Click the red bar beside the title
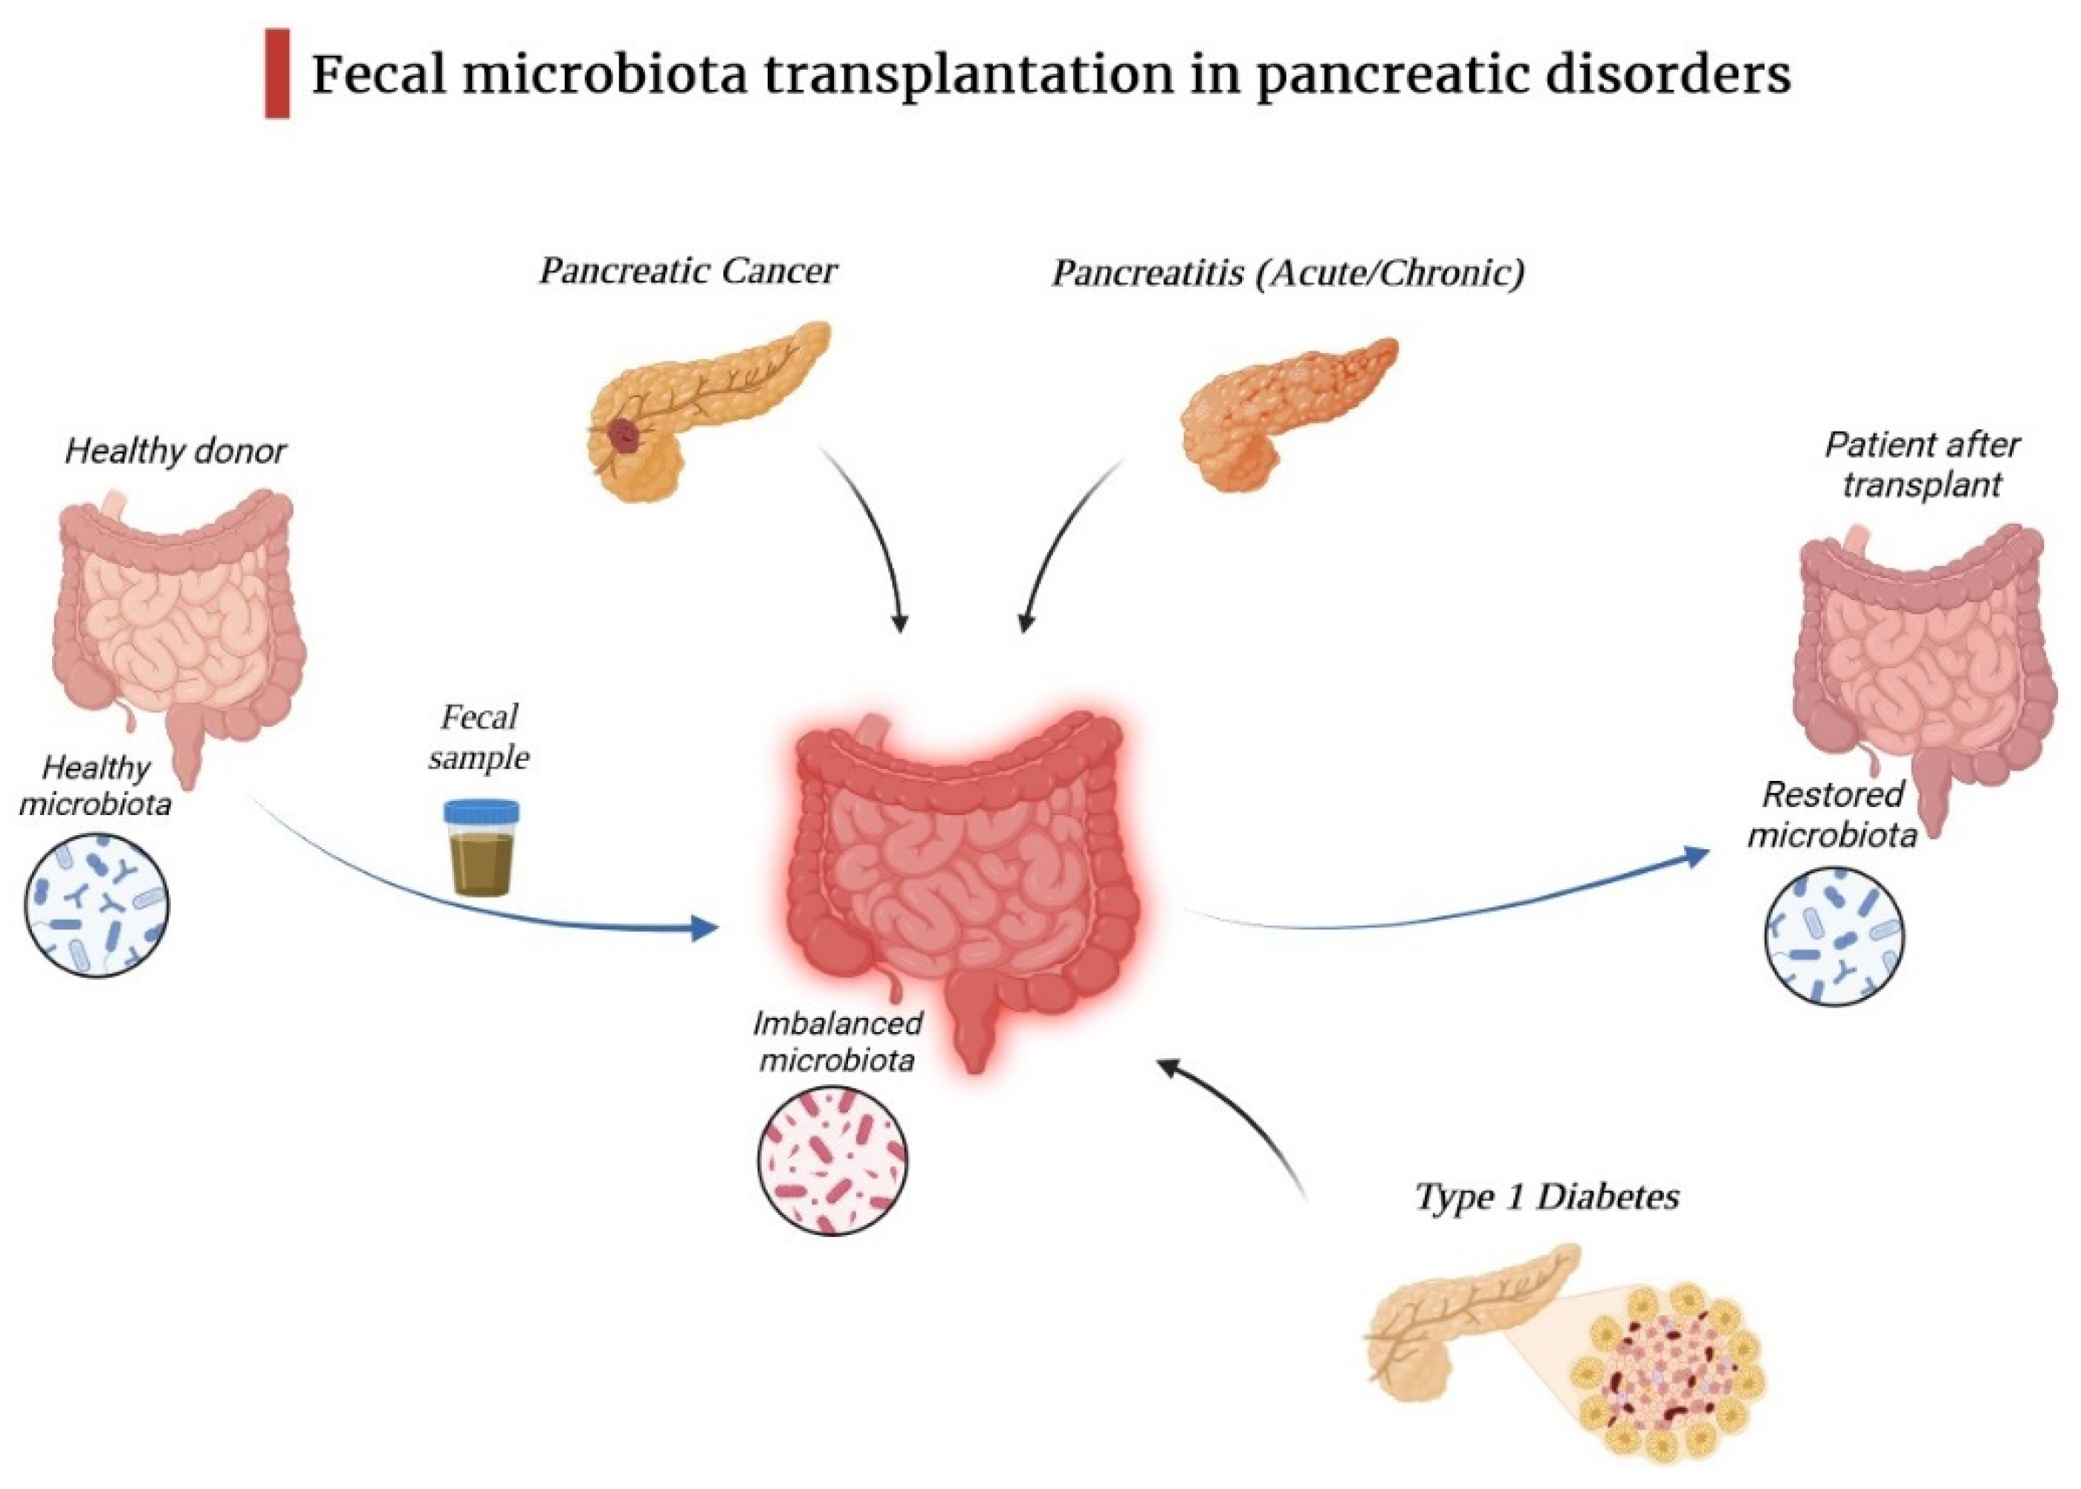[277, 74]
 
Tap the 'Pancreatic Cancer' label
[688, 271]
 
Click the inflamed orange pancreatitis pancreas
[1284, 412]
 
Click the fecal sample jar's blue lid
[482, 811]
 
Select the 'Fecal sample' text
[479, 737]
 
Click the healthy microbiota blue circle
[97, 905]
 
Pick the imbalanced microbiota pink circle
[832, 1160]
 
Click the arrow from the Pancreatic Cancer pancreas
[871, 541]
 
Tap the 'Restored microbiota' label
[1833, 814]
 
